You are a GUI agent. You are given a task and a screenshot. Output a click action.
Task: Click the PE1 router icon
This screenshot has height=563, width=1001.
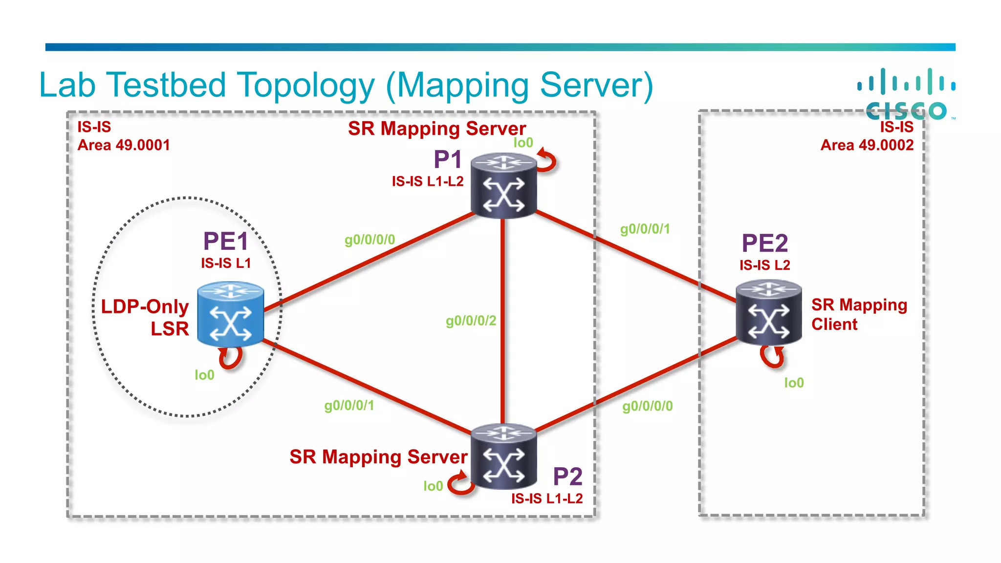pyautogui.click(x=231, y=314)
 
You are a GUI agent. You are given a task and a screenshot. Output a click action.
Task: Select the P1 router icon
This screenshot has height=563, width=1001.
pyautogui.click(x=504, y=186)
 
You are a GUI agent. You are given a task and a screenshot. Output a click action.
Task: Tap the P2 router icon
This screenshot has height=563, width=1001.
pyautogui.click(x=504, y=456)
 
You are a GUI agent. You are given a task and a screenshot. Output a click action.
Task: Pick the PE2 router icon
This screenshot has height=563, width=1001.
pyautogui.click(x=769, y=313)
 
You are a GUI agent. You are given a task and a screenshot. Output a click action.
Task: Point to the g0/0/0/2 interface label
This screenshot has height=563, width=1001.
pyautogui.click(x=471, y=321)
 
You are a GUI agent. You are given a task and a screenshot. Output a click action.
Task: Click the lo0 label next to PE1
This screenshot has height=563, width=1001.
pyautogui.click(x=204, y=375)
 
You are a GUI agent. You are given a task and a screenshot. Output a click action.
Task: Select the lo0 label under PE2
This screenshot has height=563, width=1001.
pyautogui.click(x=794, y=383)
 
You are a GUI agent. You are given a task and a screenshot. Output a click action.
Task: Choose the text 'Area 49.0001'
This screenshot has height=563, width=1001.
pyautogui.click(x=124, y=145)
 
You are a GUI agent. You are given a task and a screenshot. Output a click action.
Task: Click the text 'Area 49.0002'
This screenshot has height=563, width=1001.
pyautogui.click(x=867, y=145)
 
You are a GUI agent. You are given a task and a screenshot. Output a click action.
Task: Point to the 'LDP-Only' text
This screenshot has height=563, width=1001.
pyautogui.click(x=145, y=307)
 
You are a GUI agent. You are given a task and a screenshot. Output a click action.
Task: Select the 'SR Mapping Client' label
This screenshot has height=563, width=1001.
pyautogui.click(x=858, y=314)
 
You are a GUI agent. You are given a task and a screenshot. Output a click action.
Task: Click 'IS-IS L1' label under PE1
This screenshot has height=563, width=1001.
pyautogui.click(x=226, y=263)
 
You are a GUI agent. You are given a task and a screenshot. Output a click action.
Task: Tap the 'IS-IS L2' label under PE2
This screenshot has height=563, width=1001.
pyautogui.click(x=764, y=265)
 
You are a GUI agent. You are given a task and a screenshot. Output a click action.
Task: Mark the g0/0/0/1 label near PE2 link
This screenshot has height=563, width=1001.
pyautogui.click(x=645, y=229)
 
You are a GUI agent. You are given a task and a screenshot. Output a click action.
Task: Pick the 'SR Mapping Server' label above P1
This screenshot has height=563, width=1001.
pyautogui.click(x=436, y=129)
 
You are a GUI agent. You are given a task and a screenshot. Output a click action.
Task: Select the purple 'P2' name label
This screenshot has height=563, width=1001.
pyautogui.click(x=567, y=476)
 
